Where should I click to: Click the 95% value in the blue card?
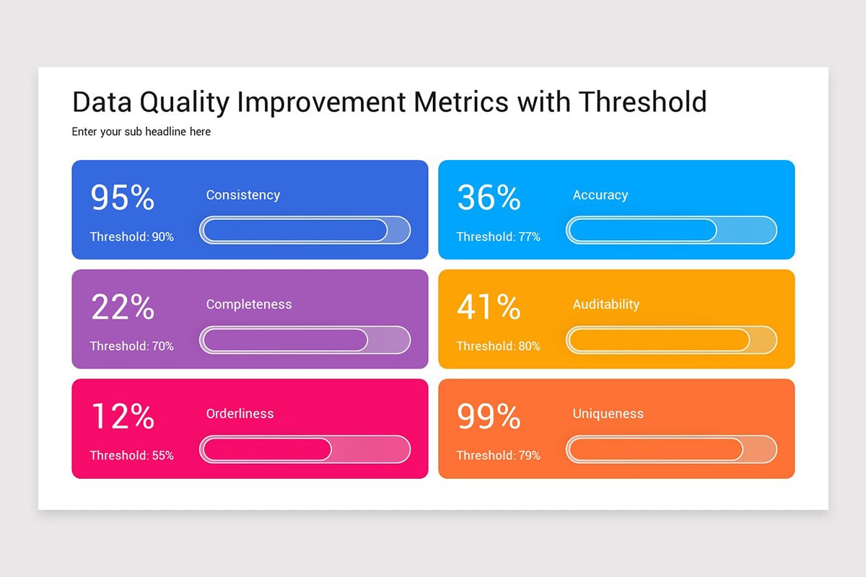click(x=123, y=198)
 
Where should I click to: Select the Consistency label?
click(x=242, y=195)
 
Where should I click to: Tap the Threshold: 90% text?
click(x=131, y=237)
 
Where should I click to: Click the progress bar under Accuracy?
click(x=671, y=230)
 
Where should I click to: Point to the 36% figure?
click(x=489, y=198)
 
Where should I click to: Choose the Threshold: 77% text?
click(x=498, y=237)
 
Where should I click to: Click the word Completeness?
click(x=249, y=304)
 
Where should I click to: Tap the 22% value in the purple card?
click(x=123, y=307)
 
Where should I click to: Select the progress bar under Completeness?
click(x=305, y=340)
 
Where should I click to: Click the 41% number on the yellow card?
click(x=489, y=307)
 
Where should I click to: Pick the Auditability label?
click(x=606, y=304)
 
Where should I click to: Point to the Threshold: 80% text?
click(x=498, y=346)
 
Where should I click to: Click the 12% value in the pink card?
click(x=123, y=417)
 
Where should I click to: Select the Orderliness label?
click(x=240, y=413)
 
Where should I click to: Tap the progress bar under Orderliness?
click(x=305, y=449)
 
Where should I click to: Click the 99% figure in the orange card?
click(x=489, y=417)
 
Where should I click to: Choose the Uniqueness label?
click(x=608, y=413)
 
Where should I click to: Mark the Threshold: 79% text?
click(x=498, y=455)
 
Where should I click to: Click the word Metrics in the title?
click(x=461, y=102)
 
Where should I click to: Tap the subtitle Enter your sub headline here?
click(x=141, y=132)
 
